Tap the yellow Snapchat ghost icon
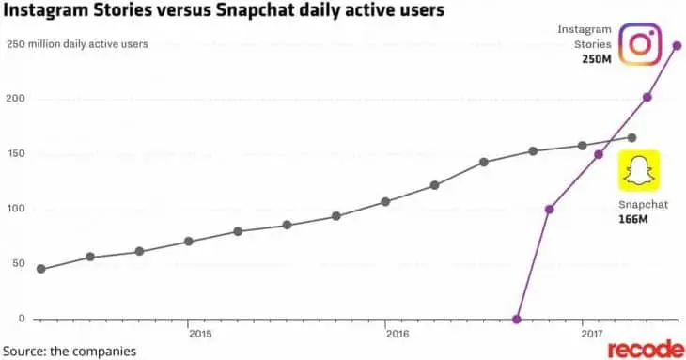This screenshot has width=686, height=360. point(638,172)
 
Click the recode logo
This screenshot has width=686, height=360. point(645,350)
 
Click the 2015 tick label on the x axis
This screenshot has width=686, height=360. point(199,333)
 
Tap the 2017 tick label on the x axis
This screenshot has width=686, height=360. point(592,333)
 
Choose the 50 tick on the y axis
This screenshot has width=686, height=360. point(13,264)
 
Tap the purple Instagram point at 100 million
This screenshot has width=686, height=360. point(550,209)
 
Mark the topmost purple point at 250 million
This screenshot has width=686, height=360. point(677,45)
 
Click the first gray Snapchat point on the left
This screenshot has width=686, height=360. point(40,269)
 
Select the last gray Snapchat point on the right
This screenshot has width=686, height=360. point(631,137)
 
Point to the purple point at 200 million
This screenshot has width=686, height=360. point(647,97)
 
